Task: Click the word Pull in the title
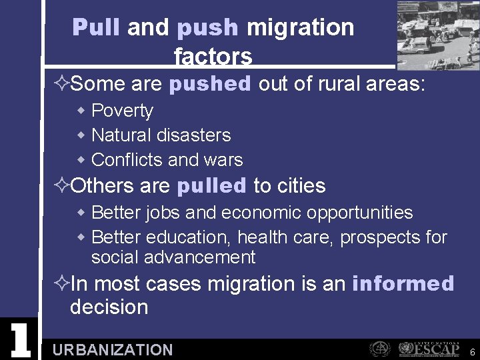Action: [96, 27]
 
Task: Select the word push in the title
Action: [207, 28]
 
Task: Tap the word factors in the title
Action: [213, 57]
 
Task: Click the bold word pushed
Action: [210, 84]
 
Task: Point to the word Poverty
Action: [122, 111]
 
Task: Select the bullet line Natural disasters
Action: [161, 135]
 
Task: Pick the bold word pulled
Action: [211, 186]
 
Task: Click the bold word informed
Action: [403, 283]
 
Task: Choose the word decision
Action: [109, 307]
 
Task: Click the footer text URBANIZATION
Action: [112, 350]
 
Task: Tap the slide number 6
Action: [472, 352]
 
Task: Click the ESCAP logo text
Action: [437, 348]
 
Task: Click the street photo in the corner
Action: [438, 35]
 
